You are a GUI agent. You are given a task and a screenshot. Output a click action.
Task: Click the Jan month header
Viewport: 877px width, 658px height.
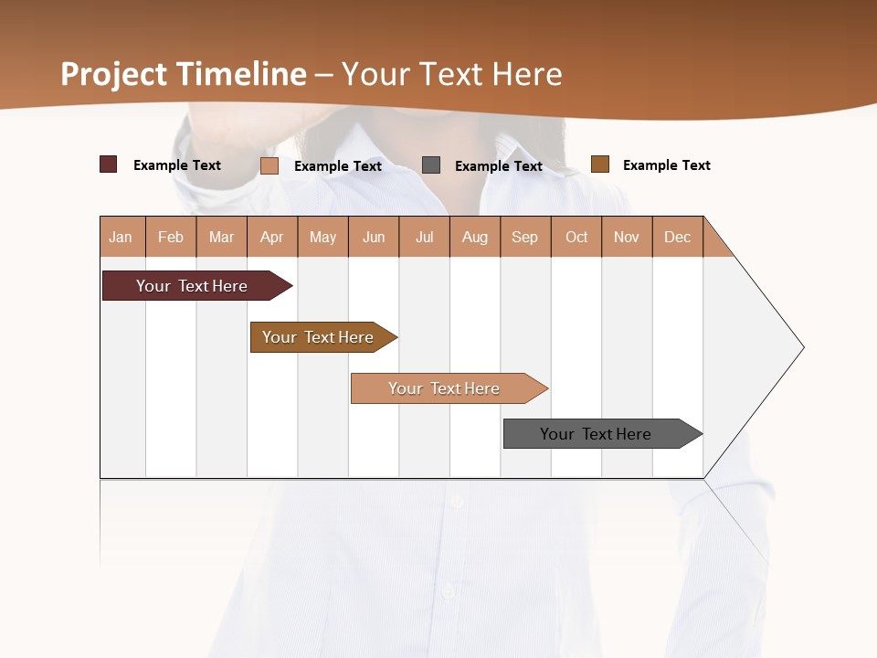coord(121,237)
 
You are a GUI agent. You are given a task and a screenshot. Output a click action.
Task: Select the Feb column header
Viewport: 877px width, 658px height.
coord(171,237)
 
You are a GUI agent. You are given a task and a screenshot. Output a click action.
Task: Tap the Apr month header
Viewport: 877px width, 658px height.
coord(271,237)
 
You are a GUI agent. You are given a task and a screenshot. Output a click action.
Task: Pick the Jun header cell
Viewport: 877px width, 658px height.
coord(374,237)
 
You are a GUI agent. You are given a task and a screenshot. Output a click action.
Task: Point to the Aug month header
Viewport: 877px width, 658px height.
coord(474,237)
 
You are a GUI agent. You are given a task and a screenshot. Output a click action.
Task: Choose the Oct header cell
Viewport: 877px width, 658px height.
coord(576,237)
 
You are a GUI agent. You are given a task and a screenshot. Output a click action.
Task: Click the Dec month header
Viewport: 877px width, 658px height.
coord(677,237)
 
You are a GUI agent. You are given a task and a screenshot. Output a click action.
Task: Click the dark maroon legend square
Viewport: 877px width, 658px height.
coord(108,164)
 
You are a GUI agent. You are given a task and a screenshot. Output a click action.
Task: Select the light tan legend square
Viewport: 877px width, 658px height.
coord(269,165)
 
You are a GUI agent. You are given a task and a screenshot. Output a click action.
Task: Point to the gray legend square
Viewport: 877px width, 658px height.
coord(430,164)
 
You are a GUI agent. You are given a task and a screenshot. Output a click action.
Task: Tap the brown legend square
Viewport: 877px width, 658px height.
coord(599,164)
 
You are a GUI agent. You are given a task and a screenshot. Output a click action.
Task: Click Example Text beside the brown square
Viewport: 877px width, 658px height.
coord(666,165)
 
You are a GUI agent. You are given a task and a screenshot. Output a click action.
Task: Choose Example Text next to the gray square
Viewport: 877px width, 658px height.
coord(498,166)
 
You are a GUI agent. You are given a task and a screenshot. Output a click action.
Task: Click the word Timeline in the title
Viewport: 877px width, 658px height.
coord(240,74)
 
